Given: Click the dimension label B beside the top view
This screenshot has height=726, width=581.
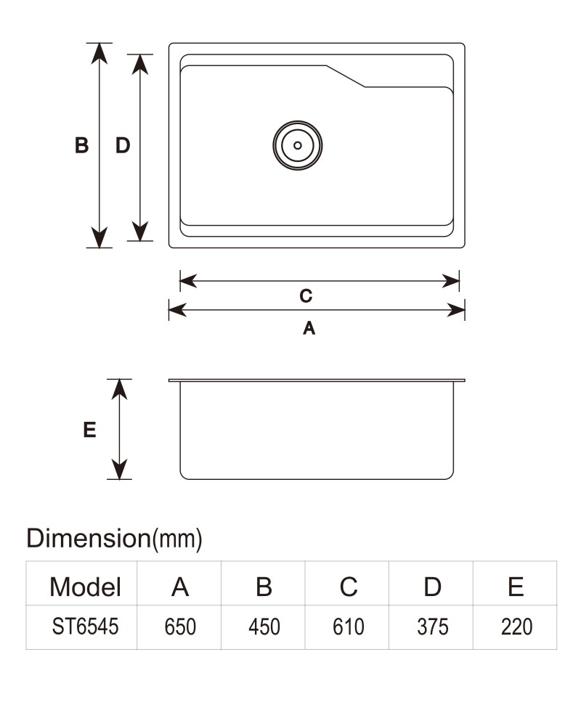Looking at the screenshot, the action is point(81,145).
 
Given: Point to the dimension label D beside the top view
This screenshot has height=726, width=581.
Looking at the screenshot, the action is point(123,145).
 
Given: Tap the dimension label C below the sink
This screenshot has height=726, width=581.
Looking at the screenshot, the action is point(306,295).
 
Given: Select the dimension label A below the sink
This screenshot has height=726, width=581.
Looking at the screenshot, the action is point(309,328).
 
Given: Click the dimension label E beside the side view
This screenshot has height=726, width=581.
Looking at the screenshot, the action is point(89,430).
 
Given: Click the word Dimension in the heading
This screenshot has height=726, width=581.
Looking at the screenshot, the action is point(89,538).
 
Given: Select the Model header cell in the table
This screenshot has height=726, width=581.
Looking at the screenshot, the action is point(85,587).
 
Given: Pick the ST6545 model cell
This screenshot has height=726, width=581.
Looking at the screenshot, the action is point(85,627).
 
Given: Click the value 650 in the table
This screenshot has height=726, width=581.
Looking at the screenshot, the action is point(180,627).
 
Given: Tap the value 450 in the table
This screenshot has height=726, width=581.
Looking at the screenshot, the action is point(264,627).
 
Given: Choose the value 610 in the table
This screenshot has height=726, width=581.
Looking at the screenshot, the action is point(349,627).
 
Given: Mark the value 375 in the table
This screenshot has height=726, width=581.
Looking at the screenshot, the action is point(432,627).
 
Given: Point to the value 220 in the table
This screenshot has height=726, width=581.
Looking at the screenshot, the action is point(516,627).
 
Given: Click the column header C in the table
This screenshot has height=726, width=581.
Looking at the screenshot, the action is point(349,587).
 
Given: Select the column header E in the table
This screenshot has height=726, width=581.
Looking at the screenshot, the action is point(516,587).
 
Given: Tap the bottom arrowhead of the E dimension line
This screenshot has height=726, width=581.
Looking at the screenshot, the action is point(120,470).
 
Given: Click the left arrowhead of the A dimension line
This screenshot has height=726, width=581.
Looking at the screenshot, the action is point(177,310).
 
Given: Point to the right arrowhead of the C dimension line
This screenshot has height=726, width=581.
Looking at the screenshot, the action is point(450,280).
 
